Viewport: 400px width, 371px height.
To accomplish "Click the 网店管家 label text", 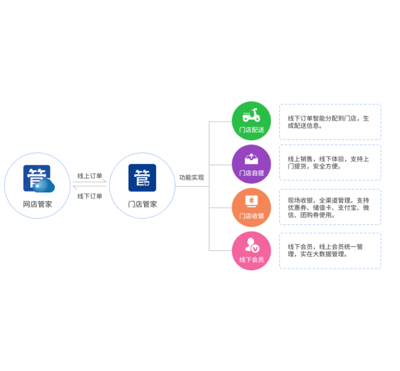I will click(37, 204).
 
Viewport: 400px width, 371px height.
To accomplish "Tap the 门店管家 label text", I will click(142, 204).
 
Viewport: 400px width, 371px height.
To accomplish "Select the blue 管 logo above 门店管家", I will click(142, 178).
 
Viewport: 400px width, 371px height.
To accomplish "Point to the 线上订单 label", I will click(90, 175).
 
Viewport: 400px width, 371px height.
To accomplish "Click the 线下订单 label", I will click(90, 196).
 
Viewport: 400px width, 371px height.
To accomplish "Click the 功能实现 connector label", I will click(191, 178).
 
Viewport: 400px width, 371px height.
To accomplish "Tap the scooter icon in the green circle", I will click(251, 116).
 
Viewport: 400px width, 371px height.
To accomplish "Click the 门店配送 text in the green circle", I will click(251, 130).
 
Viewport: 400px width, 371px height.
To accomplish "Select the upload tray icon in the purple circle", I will click(251, 158).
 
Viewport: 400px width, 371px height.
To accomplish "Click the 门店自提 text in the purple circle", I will click(251, 173).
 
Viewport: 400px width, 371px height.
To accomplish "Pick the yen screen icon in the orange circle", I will click(251, 201).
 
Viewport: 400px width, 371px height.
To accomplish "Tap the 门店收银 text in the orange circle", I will click(251, 216).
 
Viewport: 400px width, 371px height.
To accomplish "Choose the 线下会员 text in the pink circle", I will click(251, 260).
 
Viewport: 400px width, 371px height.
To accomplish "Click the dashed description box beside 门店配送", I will click(330, 122).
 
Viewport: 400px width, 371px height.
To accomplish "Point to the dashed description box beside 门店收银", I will click(330, 207).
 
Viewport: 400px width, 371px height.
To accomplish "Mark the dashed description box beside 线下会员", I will click(330, 251).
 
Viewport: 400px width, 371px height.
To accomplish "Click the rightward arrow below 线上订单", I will click(90, 182).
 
